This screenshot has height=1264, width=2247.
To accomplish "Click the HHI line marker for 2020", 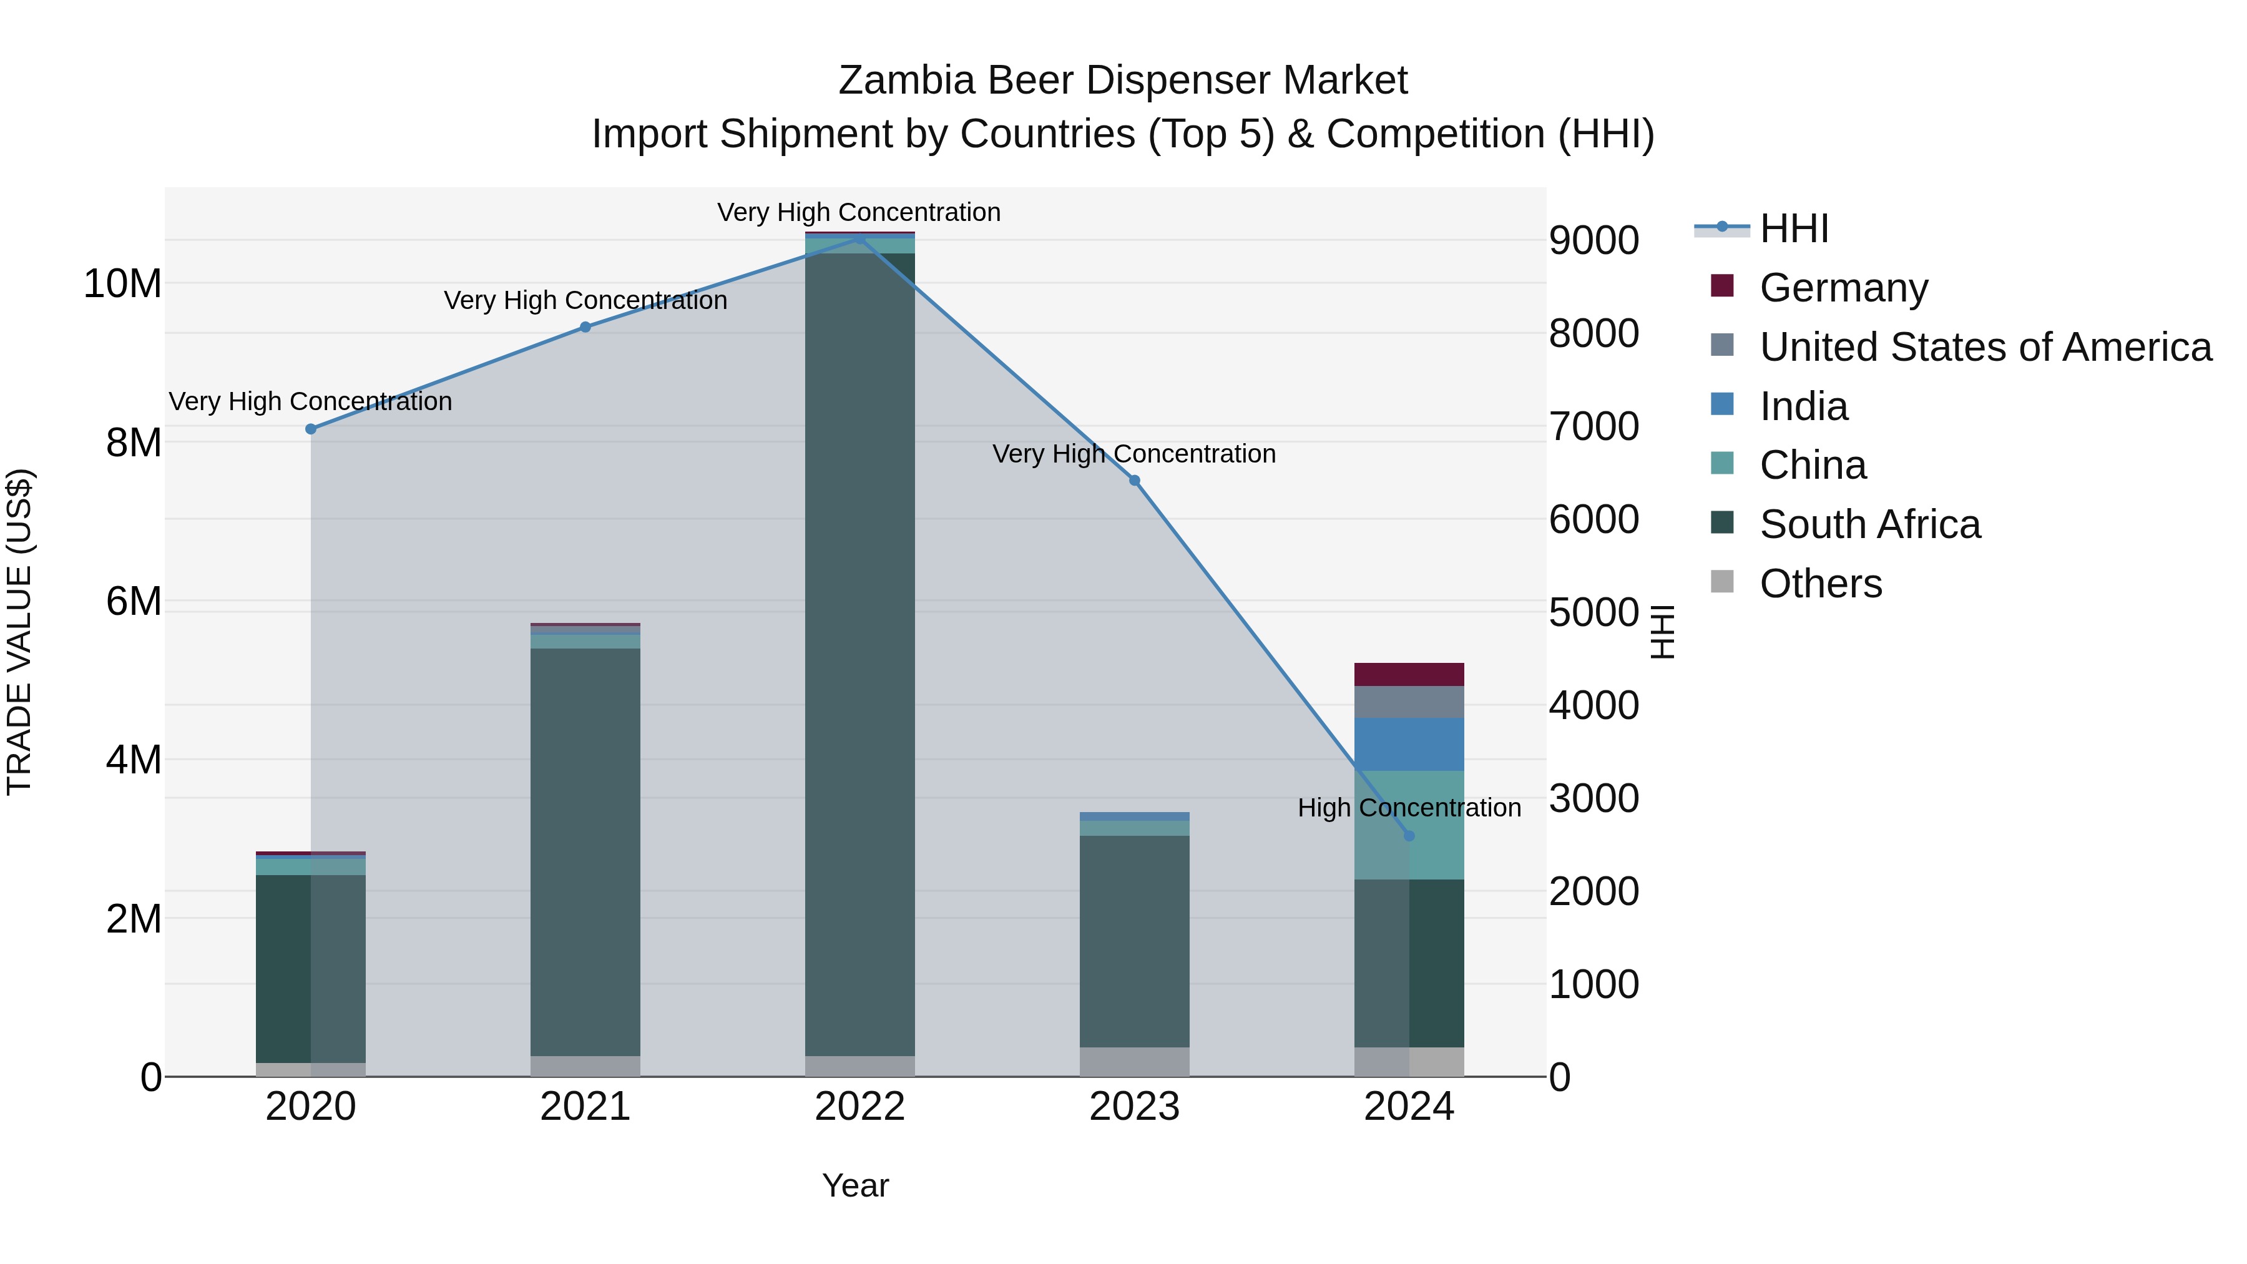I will coord(311,429).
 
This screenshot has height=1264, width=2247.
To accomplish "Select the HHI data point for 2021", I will coord(585,327).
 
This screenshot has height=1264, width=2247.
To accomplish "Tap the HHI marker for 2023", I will coord(1135,481).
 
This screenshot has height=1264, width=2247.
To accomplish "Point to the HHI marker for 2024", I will coord(1409,836).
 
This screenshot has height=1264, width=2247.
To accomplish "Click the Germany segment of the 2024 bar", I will coord(1409,674).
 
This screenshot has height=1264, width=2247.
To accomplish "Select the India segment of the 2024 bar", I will coord(1409,744).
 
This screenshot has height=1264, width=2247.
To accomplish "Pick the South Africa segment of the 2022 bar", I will coord(859,654).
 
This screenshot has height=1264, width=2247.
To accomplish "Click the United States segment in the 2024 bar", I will coord(1409,702).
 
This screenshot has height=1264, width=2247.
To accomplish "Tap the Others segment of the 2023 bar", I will coord(1134,1062).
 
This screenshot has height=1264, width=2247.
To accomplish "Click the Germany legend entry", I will coord(1843,288).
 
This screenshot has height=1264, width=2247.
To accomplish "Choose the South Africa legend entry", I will coord(1869,524).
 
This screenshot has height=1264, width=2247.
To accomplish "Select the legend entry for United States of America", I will coord(1984,347).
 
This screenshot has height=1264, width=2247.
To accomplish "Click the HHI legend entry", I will coord(1793,228).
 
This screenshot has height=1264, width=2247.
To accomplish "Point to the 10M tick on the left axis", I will coord(123,283).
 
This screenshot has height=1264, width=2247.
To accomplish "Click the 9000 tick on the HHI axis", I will coord(1593,241).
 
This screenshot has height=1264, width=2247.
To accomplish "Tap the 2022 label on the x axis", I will coord(859,1107).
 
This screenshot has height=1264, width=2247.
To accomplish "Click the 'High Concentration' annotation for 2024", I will coord(1409,808).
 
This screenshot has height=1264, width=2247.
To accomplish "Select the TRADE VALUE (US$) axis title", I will coord(19,632).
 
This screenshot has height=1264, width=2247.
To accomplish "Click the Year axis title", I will coord(855,1185).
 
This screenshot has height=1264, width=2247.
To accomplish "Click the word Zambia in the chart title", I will coord(906,81).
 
